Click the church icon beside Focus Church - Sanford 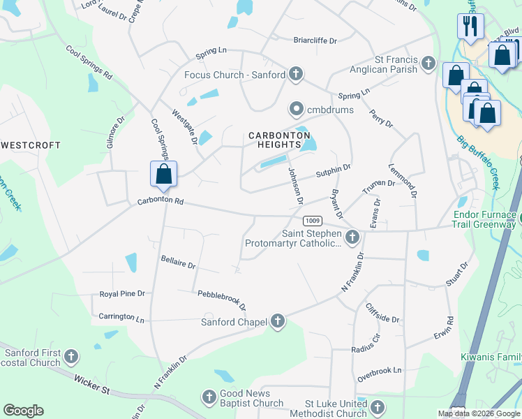296,74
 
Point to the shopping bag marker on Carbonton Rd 163,174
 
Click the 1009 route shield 313,219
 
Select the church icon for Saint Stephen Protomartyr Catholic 352,238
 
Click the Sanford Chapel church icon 278,321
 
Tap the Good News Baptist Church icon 209,398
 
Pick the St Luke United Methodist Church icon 378,408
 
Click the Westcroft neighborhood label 31,146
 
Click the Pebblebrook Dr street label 222,300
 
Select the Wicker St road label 91,386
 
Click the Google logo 23,411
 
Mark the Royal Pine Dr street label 122,294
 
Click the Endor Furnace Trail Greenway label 484,220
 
